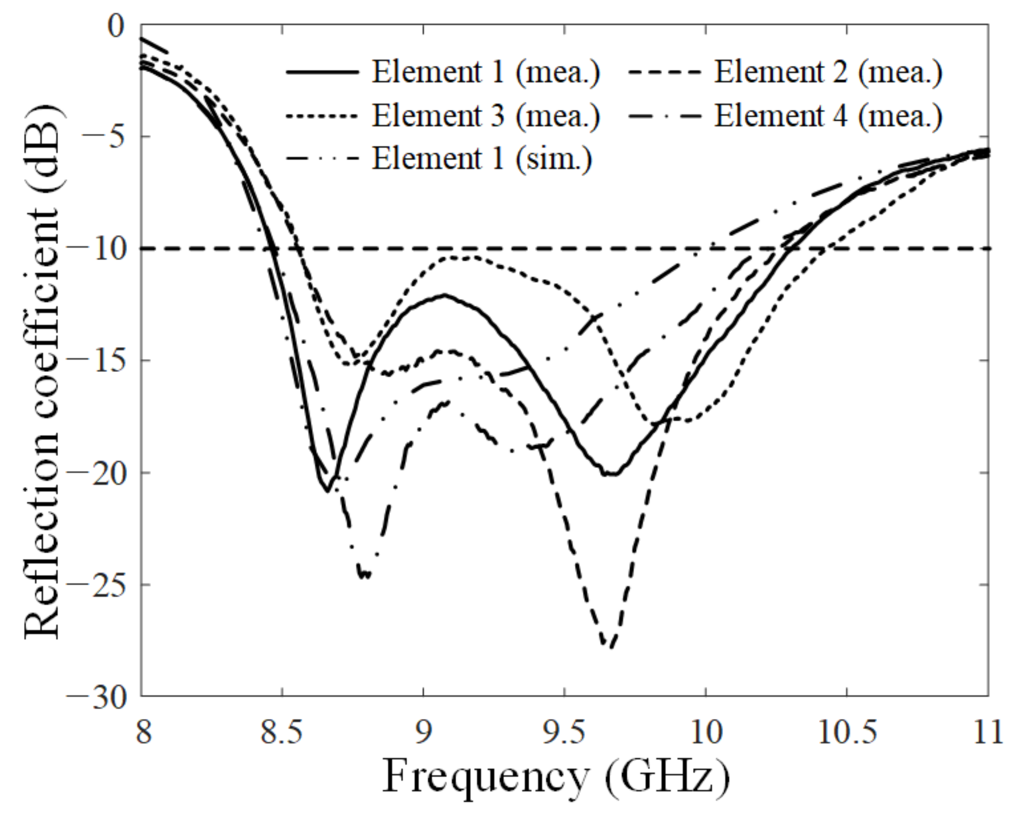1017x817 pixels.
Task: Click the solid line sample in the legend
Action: pyautogui.click(x=323, y=73)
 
